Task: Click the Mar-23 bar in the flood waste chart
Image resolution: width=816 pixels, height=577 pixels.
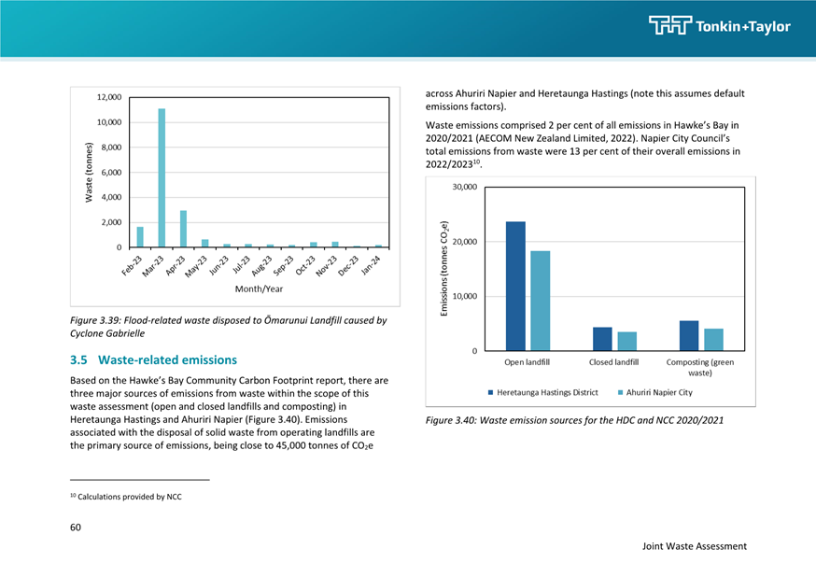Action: point(162,177)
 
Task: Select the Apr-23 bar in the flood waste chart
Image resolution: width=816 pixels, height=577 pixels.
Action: point(183,229)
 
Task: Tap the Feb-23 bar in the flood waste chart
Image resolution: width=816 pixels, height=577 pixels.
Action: point(140,237)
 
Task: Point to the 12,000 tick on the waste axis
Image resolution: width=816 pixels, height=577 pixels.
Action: point(109,97)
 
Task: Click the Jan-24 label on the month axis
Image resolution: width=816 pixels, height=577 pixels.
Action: point(372,265)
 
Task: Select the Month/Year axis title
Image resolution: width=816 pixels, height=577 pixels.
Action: point(259,288)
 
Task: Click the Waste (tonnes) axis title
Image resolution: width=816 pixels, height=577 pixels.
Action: point(89,172)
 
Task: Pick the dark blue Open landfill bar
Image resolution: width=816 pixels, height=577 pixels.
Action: point(515,286)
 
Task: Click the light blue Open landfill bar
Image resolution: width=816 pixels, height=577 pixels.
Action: point(541,301)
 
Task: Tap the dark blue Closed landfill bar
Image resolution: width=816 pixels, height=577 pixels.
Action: point(602,339)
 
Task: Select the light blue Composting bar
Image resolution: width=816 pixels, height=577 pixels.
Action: point(714,340)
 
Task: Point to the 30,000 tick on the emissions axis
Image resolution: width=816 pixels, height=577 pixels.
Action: point(465,187)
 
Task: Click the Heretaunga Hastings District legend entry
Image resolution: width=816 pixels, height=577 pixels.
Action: point(542,392)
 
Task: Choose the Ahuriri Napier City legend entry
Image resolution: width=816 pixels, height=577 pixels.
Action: point(655,392)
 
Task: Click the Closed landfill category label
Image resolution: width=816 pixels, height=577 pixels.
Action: point(613,362)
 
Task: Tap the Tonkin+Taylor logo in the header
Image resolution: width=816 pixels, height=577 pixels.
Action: point(720,25)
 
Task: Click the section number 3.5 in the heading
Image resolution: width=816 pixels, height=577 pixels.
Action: point(78,360)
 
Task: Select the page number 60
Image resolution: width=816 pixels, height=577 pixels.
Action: point(76,528)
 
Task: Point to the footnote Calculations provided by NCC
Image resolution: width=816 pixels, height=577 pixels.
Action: point(126,497)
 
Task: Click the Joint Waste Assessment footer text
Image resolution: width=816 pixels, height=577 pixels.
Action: point(695,546)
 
